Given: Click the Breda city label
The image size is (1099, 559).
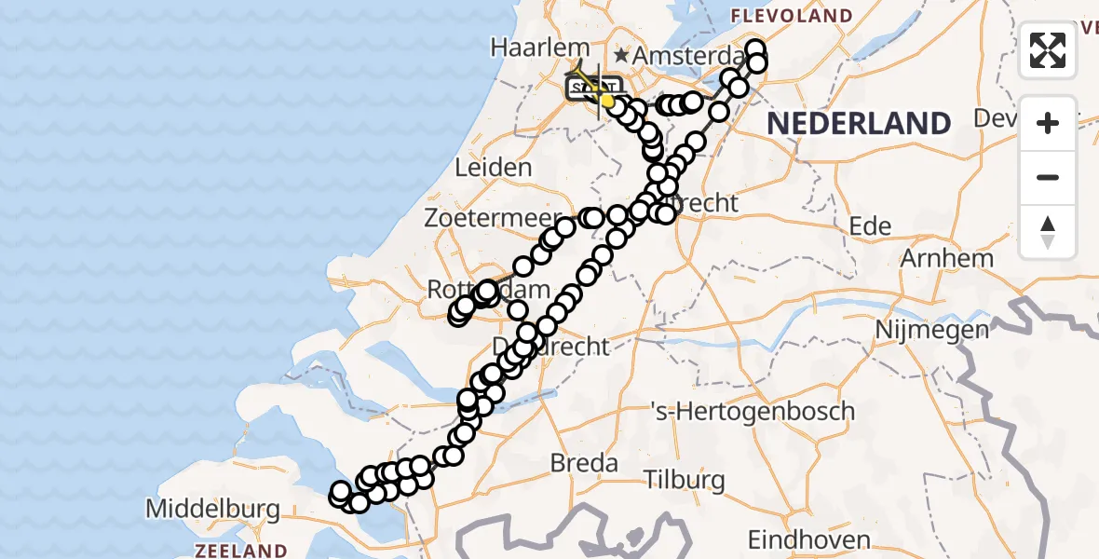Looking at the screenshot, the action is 584,463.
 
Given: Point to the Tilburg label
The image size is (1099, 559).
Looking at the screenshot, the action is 685,481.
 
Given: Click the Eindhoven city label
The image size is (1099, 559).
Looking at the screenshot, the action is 810,539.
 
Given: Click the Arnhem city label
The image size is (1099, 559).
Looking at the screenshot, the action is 947,258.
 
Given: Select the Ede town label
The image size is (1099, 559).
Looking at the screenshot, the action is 871,226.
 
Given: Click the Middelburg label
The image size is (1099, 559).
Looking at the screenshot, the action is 213,510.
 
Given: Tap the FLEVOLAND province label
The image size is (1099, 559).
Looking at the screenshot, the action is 793,16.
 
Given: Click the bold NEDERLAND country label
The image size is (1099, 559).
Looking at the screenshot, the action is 859,123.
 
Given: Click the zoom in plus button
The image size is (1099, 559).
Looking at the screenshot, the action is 1048,123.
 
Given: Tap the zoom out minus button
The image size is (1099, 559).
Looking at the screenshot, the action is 1048,177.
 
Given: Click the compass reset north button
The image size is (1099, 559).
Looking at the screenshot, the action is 1048,232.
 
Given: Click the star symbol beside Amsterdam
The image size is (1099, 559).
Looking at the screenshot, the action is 620,56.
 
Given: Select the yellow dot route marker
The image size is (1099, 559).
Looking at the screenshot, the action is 607,101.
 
